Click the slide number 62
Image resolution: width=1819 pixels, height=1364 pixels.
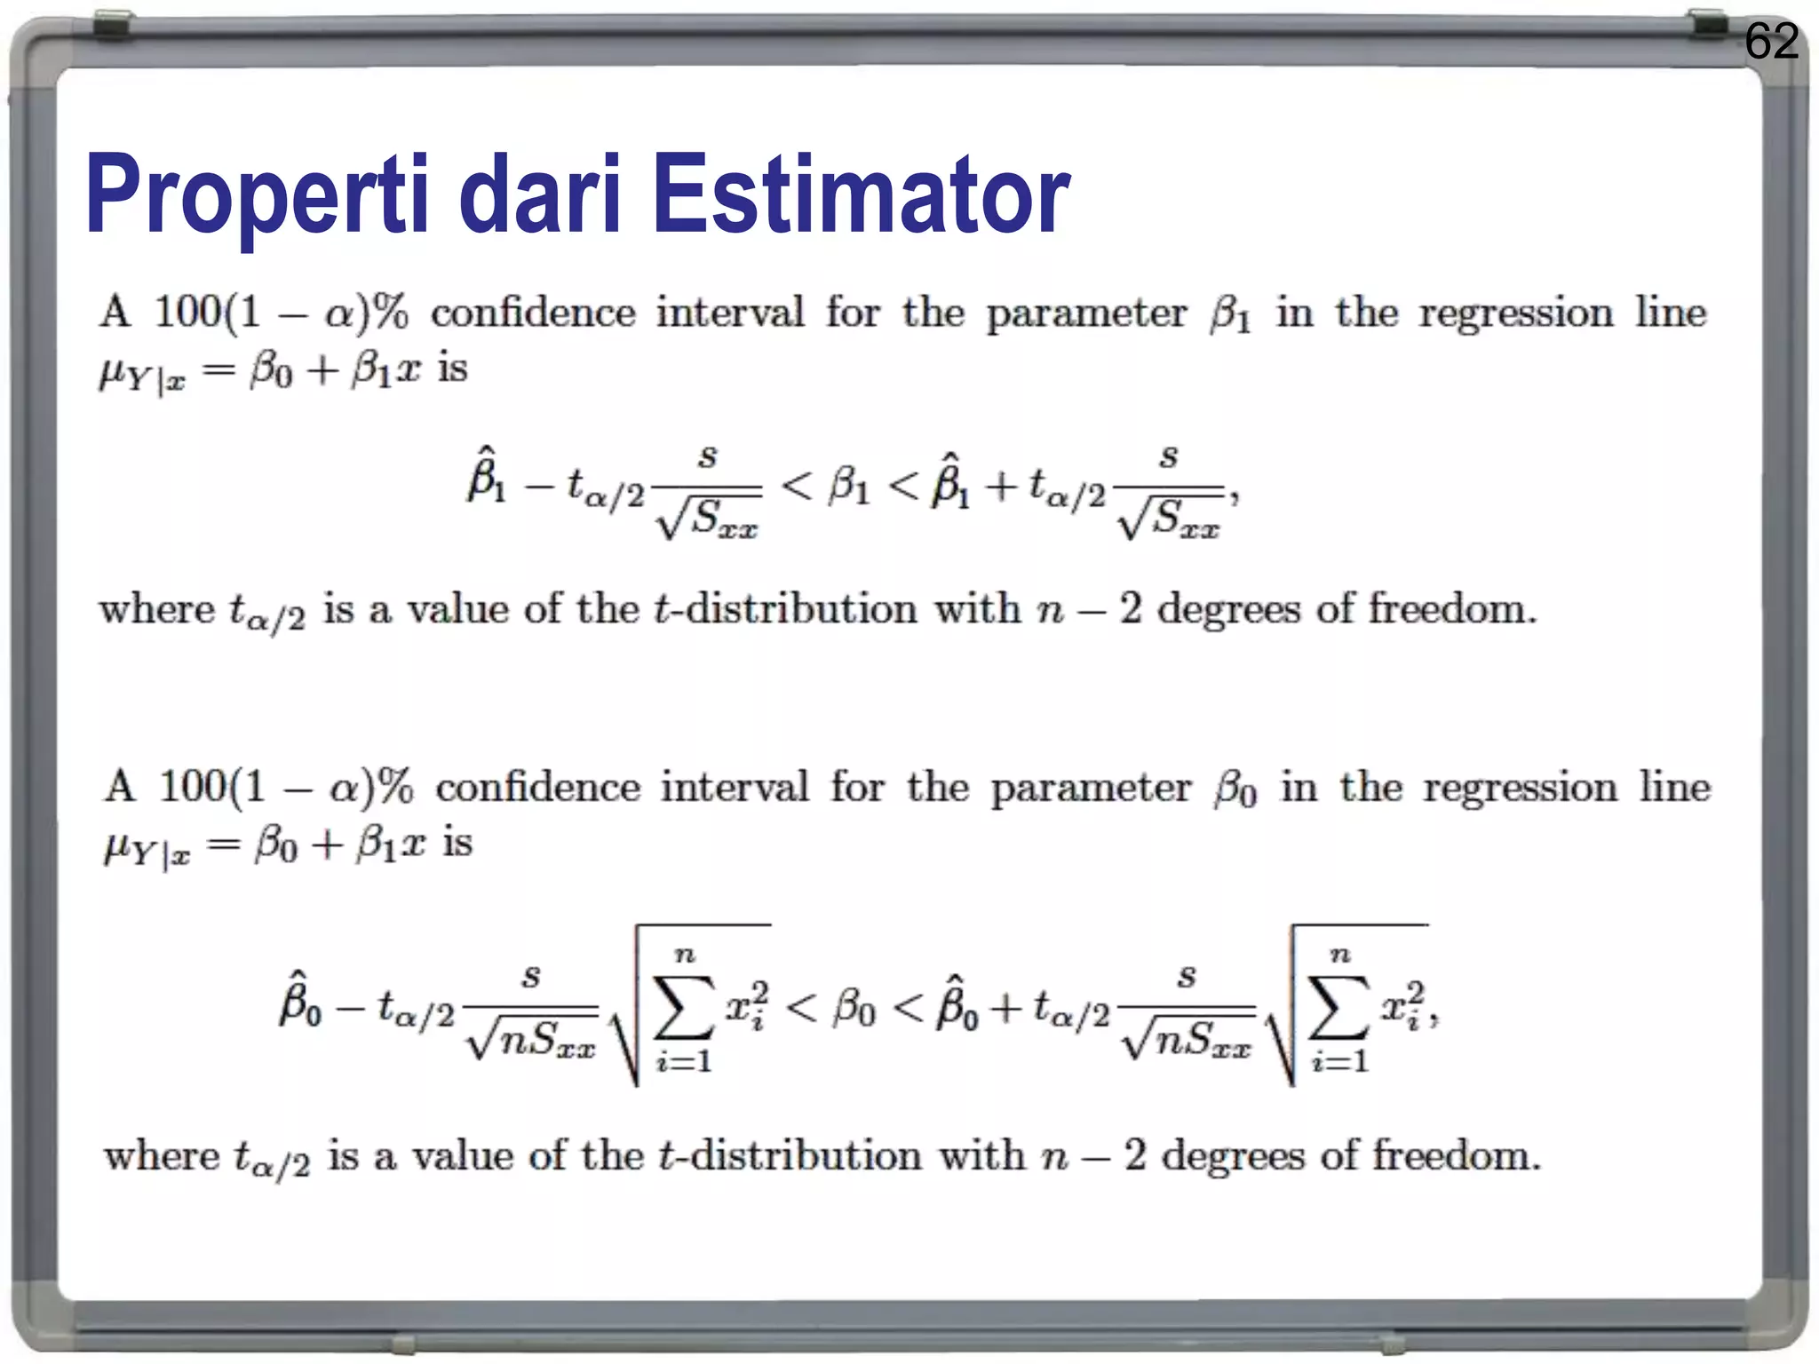(1771, 41)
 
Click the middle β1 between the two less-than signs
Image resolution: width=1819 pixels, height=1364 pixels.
(849, 487)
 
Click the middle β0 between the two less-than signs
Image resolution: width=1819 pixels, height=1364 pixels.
(854, 1010)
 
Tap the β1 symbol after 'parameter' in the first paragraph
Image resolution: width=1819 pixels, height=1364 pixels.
(1230, 314)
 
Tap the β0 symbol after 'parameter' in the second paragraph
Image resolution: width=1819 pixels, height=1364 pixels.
(1235, 789)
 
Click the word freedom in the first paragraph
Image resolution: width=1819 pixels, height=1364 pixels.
(1451, 609)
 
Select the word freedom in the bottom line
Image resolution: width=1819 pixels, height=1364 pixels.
(1456, 1155)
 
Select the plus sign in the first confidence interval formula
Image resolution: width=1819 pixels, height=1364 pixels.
(1000, 487)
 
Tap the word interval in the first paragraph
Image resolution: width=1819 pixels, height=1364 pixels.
(729, 313)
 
